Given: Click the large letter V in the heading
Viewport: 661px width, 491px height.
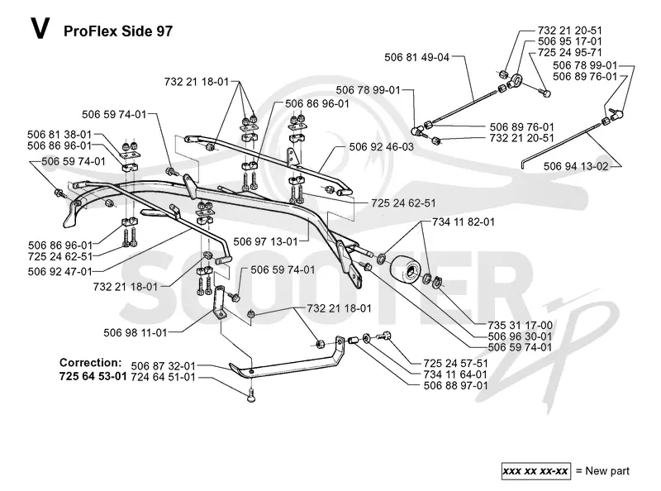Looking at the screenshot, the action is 40,29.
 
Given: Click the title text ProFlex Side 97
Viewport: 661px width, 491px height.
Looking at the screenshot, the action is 118,31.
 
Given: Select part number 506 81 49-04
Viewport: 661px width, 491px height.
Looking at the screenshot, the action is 417,57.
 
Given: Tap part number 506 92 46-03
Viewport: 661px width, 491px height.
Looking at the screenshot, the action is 382,147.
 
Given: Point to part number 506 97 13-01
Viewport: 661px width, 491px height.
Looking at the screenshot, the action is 265,241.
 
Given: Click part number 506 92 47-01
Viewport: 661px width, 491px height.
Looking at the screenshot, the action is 59,271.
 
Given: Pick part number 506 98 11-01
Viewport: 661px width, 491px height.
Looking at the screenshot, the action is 136,333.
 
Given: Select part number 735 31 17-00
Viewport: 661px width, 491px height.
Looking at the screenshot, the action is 521,325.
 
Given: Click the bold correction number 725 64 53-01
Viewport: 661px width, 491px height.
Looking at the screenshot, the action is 93,376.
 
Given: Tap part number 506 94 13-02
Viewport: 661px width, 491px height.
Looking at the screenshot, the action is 576,166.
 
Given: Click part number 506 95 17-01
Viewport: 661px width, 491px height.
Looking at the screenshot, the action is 570,41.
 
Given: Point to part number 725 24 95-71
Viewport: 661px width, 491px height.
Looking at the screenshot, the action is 570,52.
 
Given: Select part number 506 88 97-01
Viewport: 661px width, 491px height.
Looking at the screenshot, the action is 456,385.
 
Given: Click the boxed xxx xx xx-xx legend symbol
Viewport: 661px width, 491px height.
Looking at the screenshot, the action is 535,471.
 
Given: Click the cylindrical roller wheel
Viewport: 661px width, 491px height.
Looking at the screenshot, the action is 405,271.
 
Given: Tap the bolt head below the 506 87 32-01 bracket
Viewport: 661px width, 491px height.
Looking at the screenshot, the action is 252,397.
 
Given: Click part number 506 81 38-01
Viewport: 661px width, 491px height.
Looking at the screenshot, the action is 59,135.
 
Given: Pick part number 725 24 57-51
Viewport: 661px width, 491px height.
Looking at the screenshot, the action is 456,364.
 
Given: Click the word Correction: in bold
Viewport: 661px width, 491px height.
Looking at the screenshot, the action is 91,363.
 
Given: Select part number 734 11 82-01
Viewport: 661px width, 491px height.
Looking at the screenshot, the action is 464,222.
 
